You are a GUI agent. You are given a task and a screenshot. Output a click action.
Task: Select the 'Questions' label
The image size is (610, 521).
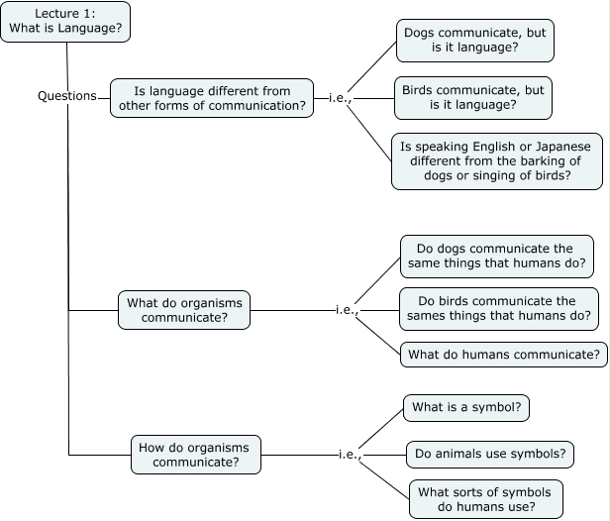click(x=67, y=96)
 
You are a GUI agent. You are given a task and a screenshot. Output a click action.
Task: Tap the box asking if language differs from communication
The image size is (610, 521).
click(x=212, y=97)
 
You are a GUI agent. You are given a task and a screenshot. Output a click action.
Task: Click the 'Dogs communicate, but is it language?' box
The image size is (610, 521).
click(x=474, y=41)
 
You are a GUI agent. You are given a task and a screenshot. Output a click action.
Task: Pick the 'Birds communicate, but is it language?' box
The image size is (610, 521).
click(x=472, y=96)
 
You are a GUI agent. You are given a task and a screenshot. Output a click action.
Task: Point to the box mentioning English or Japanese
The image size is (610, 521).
click(x=496, y=160)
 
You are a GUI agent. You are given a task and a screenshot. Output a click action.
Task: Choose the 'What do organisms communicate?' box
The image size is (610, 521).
click(x=184, y=310)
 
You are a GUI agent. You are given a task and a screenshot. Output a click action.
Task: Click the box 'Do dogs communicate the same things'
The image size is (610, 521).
click(x=496, y=258)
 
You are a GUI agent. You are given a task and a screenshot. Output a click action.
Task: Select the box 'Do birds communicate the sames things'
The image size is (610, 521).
click(x=499, y=309)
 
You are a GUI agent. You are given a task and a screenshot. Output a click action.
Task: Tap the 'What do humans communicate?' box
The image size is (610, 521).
click(x=504, y=354)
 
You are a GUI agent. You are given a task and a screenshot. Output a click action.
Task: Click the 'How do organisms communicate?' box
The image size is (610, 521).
click(x=197, y=454)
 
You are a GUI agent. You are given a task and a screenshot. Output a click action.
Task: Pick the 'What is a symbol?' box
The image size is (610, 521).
click(x=465, y=408)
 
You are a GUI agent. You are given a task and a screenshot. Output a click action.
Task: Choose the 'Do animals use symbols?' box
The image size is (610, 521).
click(x=490, y=454)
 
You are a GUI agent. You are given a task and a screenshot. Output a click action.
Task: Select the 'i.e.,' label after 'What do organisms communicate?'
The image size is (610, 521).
click(x=347, y=310)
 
